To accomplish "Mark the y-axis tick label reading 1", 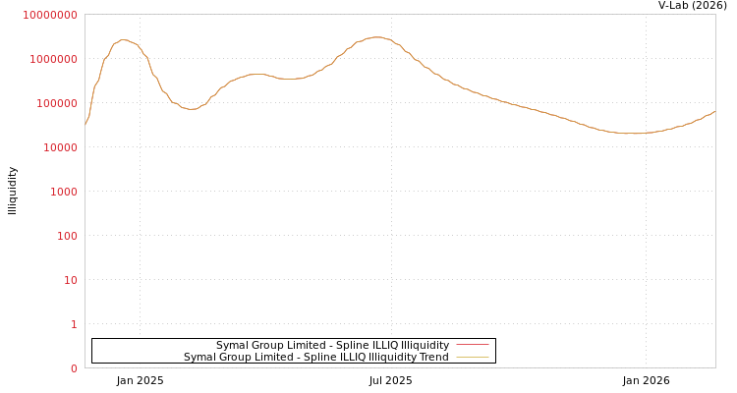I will coord(73,324).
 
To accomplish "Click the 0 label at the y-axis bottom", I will coord(73,368).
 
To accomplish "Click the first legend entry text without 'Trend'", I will coord(332,346).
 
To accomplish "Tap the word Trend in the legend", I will coord(433,358).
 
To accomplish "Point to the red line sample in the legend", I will coord(473,346).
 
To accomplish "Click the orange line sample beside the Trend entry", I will coord(473,358).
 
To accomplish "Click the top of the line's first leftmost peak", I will coord(123,40).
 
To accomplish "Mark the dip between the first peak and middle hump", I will coord(191,109).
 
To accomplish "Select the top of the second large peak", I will coord(375,37).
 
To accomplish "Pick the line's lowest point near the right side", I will coord(634,134).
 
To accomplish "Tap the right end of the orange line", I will coord(714,111).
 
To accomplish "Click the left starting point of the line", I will coord(85,125).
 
